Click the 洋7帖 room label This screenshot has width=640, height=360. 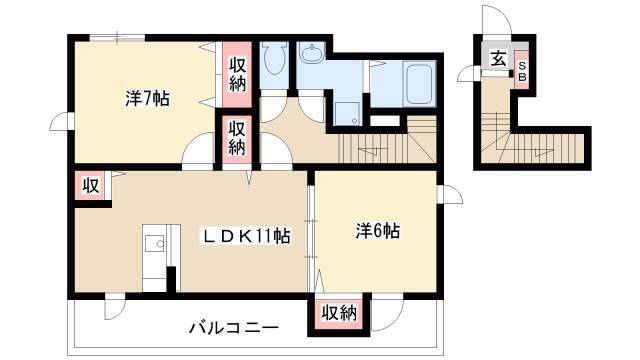tap(147, 98)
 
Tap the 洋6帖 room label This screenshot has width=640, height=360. tap(378, 231)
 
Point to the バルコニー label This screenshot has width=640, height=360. tap(234, 327)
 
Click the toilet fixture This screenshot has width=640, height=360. tap(273, 58)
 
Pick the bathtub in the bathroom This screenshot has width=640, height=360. tap(419, 84)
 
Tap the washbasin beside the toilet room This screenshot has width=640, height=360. tap(311, 53)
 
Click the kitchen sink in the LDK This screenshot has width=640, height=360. tap(155, 245)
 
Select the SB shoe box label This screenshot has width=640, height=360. tap(522, 71)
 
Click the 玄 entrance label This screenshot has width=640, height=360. tap(498, 60)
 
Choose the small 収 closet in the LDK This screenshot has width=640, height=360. tap(91, 186)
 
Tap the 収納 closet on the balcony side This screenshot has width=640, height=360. tap(339, 313)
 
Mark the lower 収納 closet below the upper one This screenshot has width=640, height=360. tap(237, 138)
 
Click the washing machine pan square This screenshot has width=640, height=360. tap(347, 114)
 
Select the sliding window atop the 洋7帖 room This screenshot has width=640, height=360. tap(117, 38)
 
